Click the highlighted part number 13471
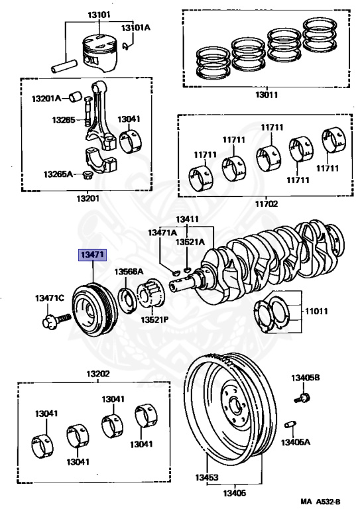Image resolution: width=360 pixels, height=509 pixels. pyautogui.click(x=93, y=254)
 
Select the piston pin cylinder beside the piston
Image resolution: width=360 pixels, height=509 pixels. pyautogui.click(x=64, y=65)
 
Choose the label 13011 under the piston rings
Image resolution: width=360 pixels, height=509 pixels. pyautogui.click(x=266, y=95)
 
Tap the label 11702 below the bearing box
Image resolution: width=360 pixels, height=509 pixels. pyautogui.click(x=266, y=203)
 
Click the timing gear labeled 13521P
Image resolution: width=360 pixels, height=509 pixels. pyautogui.click(x=150, y=295)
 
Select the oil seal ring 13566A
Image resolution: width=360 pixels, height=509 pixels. pyautogui.click(x=127, y=300)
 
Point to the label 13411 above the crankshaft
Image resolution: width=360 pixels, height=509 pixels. pyautogui.click(x=188, y=219)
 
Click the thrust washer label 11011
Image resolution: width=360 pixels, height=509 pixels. pyautogui.click(x=316, y=311)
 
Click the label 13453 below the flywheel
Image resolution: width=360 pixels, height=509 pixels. pyautogui.click(x=206, y=477)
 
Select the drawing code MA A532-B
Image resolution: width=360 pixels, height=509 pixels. pyautogui.click(x=320, y=502)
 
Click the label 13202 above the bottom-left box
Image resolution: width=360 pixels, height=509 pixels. pyautogui.click(x=98, y=374)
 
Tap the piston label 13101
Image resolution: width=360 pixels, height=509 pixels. pyautogui.click(x=99, y=15)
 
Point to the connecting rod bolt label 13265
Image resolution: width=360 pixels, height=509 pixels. pyautogui.click(x=64, y=120)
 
